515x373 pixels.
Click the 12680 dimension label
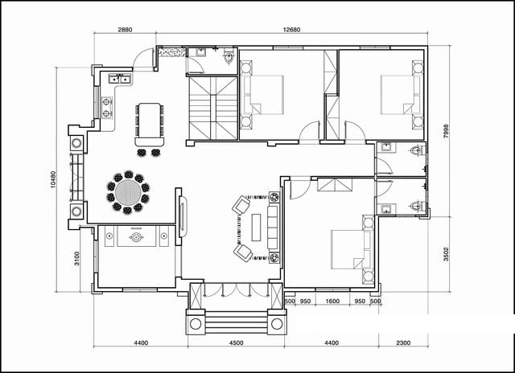(291, 30)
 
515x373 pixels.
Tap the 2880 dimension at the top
(125, 30)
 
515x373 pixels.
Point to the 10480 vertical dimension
(53, 179)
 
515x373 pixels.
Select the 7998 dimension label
(446, 131)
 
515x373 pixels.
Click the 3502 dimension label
(446, 254)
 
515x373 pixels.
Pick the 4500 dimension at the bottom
(236, 342)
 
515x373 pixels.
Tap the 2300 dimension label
(403, 342)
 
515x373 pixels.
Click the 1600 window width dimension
(332, 301)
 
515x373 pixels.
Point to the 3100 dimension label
(76, 259)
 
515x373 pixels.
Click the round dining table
(128, 193)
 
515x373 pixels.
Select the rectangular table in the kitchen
(150, 124)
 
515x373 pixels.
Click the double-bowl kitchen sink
(120, 79)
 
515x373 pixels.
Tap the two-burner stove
(106, 108)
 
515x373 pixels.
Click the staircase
(212, 109)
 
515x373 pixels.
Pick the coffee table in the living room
(256, 227)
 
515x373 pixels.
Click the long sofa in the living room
(274, 227)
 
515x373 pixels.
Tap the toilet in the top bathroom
(228, 58)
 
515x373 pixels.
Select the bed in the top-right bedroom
(401, 95)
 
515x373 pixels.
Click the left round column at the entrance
(196, 324)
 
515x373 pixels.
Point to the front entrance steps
(236, 323)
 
